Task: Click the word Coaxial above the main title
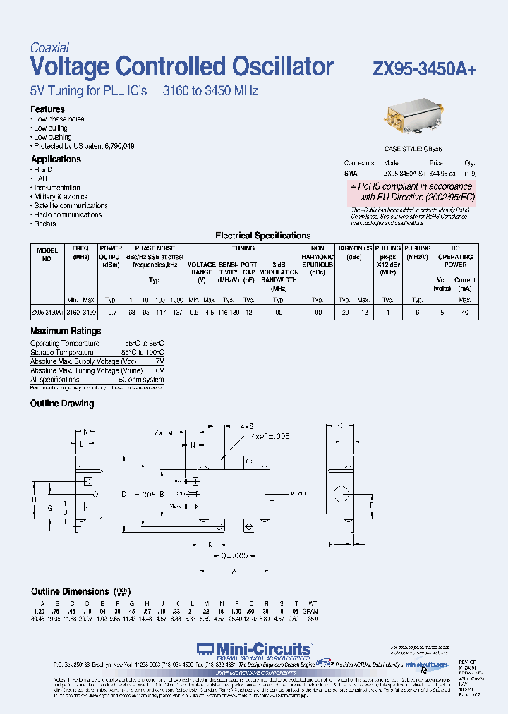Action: [x=49, y=48]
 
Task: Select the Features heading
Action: [x=47, y=109]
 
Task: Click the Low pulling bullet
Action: [x=51, y=128]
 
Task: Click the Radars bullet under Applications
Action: [x=44, y=224]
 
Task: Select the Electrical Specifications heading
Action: [x=262, y=236]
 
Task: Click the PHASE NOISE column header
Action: [x=155, y=248]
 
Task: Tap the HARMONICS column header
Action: [x=353, y=248]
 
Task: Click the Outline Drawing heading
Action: [x=62, y=404]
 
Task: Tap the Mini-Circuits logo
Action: [x=255, y=648]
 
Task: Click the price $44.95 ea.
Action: [x=443, y=173]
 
